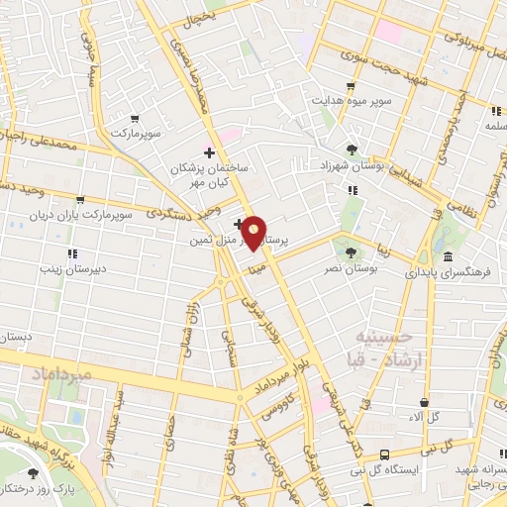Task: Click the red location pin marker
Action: click(x=254, y=233)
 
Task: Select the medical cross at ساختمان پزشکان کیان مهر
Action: click(x=208, y=152)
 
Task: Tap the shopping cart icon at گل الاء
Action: click(x=425, y=403)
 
